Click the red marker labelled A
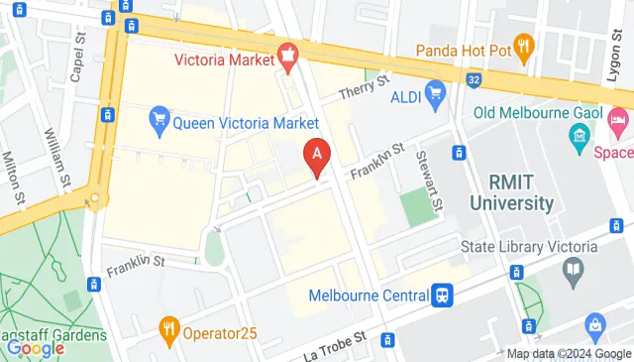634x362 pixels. tap(316, 157)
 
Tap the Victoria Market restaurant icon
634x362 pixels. tap(288, 58)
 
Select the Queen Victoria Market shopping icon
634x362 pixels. tap(158, 123)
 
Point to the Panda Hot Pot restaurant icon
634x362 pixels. tap(524, 46)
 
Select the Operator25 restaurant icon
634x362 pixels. tap(169, 327)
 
